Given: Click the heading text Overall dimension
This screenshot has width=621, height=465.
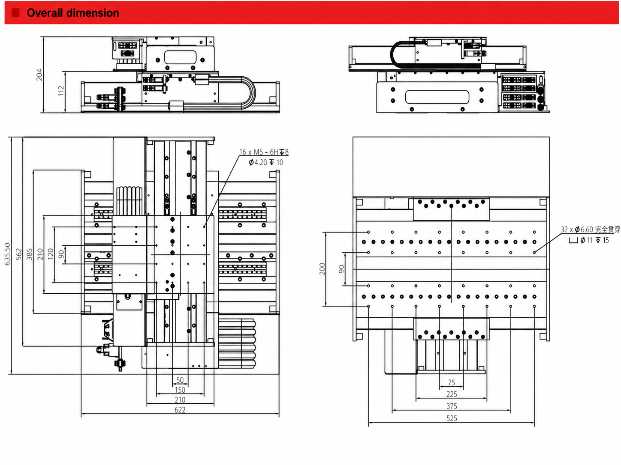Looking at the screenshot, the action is tap(73, 13).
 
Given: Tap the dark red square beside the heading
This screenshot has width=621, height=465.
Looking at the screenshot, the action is tap(15, 13).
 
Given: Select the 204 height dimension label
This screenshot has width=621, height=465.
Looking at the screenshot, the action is tap(39, 75).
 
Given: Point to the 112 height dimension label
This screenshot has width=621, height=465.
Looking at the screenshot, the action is tap(61, 91).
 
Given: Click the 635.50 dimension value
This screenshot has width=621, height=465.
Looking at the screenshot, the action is tap(7, 254).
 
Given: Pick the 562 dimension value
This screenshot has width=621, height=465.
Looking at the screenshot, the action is tap(18, 254).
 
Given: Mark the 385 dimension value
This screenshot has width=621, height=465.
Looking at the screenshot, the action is tap(30, 254).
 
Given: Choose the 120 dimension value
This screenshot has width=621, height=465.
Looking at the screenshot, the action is tap(51, 254).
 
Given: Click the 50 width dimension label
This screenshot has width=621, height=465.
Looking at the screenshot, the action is tap(180, 380).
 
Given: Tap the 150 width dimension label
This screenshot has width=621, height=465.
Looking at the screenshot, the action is tap(180, 390).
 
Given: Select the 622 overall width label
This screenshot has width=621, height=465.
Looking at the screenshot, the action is tap(180, 410).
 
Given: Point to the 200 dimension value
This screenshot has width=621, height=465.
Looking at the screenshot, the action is tap(322, 269).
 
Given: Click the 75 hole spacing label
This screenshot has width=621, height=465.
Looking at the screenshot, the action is tap(452, 382).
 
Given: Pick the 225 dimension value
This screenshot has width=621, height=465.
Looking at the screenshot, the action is tap(452, 394).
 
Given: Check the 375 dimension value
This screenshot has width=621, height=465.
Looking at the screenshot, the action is tap(452, 406).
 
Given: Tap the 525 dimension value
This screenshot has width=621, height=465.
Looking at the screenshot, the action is tap(452, 418).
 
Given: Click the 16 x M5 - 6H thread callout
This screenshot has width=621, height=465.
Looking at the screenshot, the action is tap(264, 152).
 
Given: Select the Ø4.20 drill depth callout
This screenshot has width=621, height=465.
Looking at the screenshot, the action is tap(266, 162).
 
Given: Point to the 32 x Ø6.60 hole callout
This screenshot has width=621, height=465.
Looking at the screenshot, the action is tap(591, 230).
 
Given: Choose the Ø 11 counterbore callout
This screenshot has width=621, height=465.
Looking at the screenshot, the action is tap(589, 240).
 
